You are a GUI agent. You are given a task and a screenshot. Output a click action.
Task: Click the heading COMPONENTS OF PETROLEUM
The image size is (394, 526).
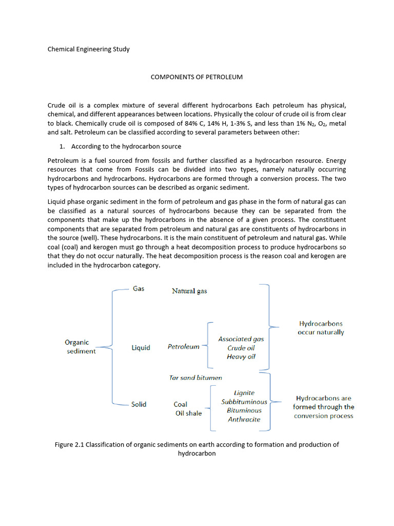[x=196, y=77]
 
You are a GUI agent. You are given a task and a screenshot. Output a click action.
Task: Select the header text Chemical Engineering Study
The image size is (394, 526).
[x=88, y=49]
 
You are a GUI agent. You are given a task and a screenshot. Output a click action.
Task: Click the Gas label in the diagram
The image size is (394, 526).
[x=139, y=289]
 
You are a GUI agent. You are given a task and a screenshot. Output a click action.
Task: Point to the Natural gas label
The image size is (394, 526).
[x=189, y=291]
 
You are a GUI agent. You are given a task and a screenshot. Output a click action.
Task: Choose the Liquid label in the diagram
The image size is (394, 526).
[x=141, y=348]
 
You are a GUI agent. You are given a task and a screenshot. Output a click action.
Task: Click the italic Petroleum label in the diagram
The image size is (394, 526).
[x=183, y=347]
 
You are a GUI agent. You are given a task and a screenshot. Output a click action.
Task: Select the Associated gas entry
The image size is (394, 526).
[x=241, y=339]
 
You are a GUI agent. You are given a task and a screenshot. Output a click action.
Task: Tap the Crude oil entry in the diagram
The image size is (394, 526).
[x=241, y=348]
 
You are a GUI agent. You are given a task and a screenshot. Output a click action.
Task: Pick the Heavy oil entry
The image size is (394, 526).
[x=241, y=356]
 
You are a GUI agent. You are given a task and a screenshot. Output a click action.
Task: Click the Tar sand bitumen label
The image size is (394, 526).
[x=195, y=378]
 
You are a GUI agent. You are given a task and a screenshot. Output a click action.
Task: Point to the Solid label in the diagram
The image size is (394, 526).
[x=139, y=404]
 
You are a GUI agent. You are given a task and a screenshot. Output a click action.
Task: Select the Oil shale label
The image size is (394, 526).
[x=188, y=413]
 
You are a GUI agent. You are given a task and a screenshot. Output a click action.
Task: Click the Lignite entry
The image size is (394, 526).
[x=244, y=393]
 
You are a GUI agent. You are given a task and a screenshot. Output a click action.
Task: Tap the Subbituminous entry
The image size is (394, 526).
[x=244, y=402]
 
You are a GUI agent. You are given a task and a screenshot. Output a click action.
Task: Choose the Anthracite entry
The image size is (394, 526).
[x=244, y=419]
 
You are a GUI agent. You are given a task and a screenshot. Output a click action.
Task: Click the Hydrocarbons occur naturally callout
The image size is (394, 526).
[x=321, y=328]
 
